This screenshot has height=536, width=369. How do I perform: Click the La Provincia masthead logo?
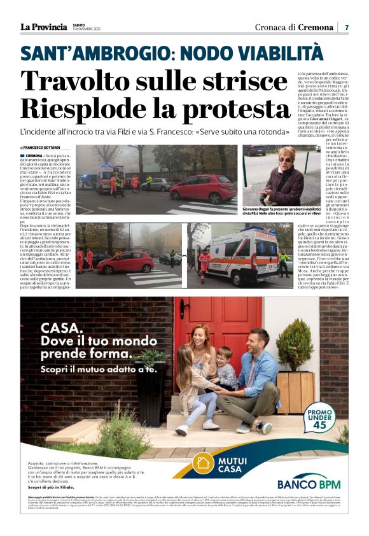tap(43, 27)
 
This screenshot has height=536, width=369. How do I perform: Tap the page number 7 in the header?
tap(347, 27)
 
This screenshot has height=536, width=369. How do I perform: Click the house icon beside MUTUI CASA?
tap(204, 463)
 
